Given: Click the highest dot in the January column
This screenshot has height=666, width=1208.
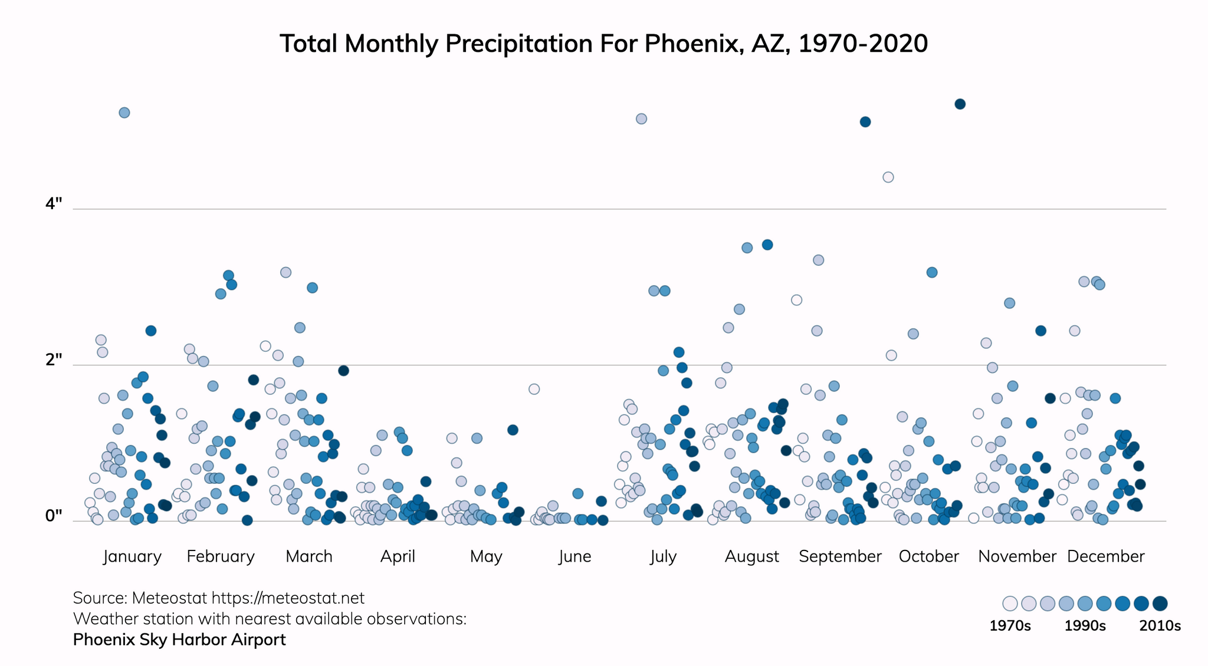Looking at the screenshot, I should (124, 113).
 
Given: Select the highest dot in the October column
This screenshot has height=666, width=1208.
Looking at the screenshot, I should (960, 104).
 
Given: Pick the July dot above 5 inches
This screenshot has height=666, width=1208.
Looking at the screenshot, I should (641, 119).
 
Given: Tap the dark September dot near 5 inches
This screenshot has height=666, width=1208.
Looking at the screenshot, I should (865, 122).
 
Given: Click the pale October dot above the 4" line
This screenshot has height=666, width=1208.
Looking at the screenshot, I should (888, 177).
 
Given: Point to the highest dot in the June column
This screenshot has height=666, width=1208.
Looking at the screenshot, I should (534, 389).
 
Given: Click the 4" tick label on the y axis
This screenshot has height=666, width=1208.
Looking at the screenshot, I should (54, 204).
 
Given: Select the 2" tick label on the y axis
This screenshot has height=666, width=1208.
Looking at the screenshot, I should (54, 360).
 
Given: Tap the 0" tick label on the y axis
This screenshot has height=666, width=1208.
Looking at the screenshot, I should (54, 516).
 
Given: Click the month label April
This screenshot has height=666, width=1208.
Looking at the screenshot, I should (398, 556).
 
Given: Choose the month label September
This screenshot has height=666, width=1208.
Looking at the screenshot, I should (840, 556).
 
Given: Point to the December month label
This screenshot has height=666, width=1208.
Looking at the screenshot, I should (1105, 556).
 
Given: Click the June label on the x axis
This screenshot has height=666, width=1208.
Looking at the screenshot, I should (575, 556).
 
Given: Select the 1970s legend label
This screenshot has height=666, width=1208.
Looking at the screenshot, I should (1010, 626).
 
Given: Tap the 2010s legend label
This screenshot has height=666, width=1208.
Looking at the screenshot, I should (1160, 626).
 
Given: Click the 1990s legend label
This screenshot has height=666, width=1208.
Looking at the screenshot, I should (1085, 626).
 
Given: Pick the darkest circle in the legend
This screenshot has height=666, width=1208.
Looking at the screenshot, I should (1160, 604).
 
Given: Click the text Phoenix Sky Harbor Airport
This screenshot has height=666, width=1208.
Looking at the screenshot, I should (179, 639).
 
